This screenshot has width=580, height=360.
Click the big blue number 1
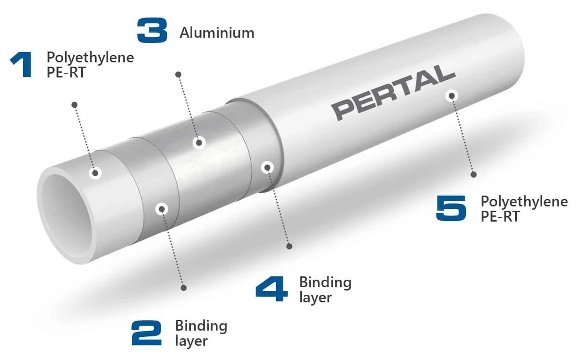click(x=22, y=65)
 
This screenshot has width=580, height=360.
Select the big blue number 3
click(x=152, y=30)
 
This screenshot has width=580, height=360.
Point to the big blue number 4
click(x=272, y=289)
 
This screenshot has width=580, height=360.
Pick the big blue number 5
click(x=451, y=208)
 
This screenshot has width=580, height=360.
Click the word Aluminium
click(x=217, y=33)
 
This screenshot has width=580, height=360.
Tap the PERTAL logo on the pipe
click(x=394, y=93)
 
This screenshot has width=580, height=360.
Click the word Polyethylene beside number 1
click(x=90, y=58)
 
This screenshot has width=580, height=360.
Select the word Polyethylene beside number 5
click(x=524, y=202)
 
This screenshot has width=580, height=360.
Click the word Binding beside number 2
click(x=201, y=326)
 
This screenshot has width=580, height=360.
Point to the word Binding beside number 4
click(x=325, y=283)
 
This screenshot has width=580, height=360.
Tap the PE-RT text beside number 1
click(x=66, y=72)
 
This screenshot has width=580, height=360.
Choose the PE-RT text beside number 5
click(x=500, y=216)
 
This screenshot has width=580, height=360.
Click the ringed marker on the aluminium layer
click(x=199, y=143)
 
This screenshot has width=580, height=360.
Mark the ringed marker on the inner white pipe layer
click(x=95, y=173)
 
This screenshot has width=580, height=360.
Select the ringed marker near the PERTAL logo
click(x=452, y=96)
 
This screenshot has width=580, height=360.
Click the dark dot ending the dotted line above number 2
click(x=184, y=288)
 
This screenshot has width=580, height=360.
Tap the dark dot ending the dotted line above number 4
click(x=289, y=246)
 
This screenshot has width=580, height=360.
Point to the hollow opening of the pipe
click(x=66, y=215)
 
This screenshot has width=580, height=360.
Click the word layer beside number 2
click(x=191, y=341)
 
